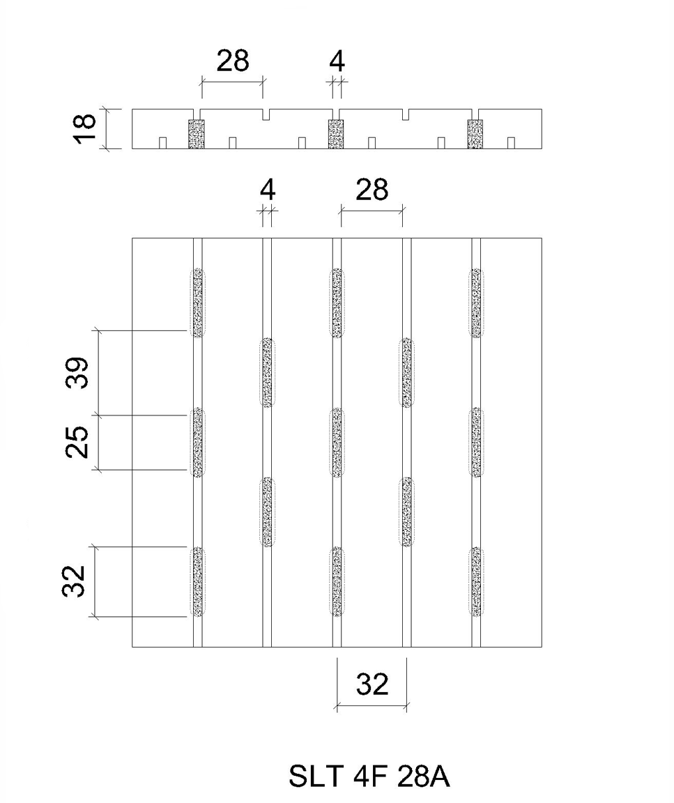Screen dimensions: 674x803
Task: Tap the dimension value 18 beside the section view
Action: pyautogui.click(x=84, y=128)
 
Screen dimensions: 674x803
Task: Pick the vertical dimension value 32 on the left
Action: pyautogui.click(x=74, y=581)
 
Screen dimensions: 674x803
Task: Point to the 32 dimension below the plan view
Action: pyautogui.click(x=372, y=684)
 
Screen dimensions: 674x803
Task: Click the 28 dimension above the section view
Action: pyautogui.click(x=233, y=61)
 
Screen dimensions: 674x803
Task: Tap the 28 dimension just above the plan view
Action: pyautogui.click(x=372, y=190)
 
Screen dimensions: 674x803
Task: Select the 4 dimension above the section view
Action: pyautogui.click(x=337, y=62)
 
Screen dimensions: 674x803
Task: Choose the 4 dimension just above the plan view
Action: pyautogui.click(x=268, y=190)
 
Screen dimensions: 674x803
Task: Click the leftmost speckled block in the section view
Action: pyautogui.click(x=197, y=134)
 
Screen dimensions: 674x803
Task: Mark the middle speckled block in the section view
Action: pyautogui.click(x=336, y=134)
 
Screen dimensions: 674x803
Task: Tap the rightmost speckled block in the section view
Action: pyautogui.click(x=475, y=134)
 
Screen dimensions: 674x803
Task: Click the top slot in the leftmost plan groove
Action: pyautogui.click(x=198, y=303)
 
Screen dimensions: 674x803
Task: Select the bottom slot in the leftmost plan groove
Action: pyautogui.click(x=198, y=582)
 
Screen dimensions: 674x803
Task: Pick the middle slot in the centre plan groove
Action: pyautogui.click(x=337, y=443)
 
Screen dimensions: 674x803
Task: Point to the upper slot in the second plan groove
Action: pyautogui.click(x=267, y=372)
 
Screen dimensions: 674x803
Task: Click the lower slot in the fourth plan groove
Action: pyautogui.click(x=406, y=512)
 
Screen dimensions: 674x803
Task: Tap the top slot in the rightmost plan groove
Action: pyautogui.click(x=476, y=303)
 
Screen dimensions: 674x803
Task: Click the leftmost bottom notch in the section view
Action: pyautogui.click(x=163, y=143)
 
